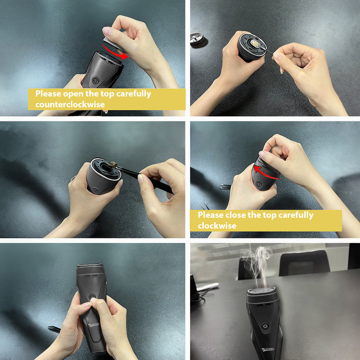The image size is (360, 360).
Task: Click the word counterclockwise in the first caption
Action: tap(70, 104)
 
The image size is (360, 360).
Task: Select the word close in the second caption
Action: tap(236, 215)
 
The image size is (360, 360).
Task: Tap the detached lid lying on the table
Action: tap(198, 39)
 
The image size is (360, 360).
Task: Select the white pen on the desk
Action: tap(208, 287)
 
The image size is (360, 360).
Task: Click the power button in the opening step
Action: tap(95, 80)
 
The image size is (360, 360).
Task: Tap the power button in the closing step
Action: tap(258, 184)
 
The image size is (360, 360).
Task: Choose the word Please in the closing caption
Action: tap(211, 215)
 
